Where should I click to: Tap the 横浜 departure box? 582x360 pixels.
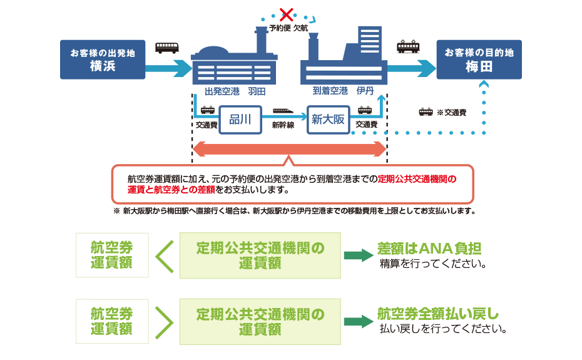tap(102, 60)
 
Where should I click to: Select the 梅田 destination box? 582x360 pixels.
tap(479, 60)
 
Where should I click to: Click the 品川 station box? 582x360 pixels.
tap(240, 119)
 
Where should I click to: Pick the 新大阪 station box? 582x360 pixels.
tap(329, 119)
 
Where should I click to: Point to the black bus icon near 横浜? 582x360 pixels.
tap(166, 47)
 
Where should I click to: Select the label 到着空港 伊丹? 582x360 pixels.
tap(343, 91)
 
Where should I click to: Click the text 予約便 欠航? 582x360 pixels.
tap(288, 29)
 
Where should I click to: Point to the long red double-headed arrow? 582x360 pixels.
tap(290, 149)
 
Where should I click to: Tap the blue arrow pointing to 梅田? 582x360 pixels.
tap(411, 65)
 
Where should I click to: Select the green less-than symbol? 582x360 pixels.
tap(164, 255)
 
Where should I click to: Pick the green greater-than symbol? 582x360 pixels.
tap(164, 321)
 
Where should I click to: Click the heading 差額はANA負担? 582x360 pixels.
tap(429, 248)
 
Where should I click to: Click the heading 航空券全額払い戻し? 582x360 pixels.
tap(438, 314)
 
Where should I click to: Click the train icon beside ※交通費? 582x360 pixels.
tap(426, 112)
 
